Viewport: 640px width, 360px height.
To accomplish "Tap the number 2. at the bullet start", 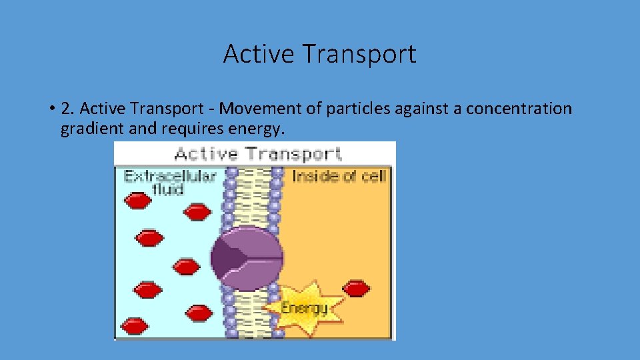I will pyautogui.click(x=68, y=109).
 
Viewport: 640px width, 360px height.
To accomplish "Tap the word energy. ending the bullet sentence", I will pyautogui.click(x=257, y=129).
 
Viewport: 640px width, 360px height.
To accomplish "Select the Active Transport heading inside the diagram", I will pyautogui.click(x=257, y=154).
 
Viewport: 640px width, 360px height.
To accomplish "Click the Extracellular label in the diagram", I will pyautogui.click(x=170, y=176).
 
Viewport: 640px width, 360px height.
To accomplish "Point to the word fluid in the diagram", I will pyautogui.click(x=169, y=189).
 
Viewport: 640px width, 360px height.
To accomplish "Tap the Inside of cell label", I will pyautogui.click(x=339, y=176).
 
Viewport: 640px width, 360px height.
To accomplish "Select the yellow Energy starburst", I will pyautogui.click(x=305, y=307).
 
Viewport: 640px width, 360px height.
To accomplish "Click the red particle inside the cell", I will pyautogui.click(x=356, y=288).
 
